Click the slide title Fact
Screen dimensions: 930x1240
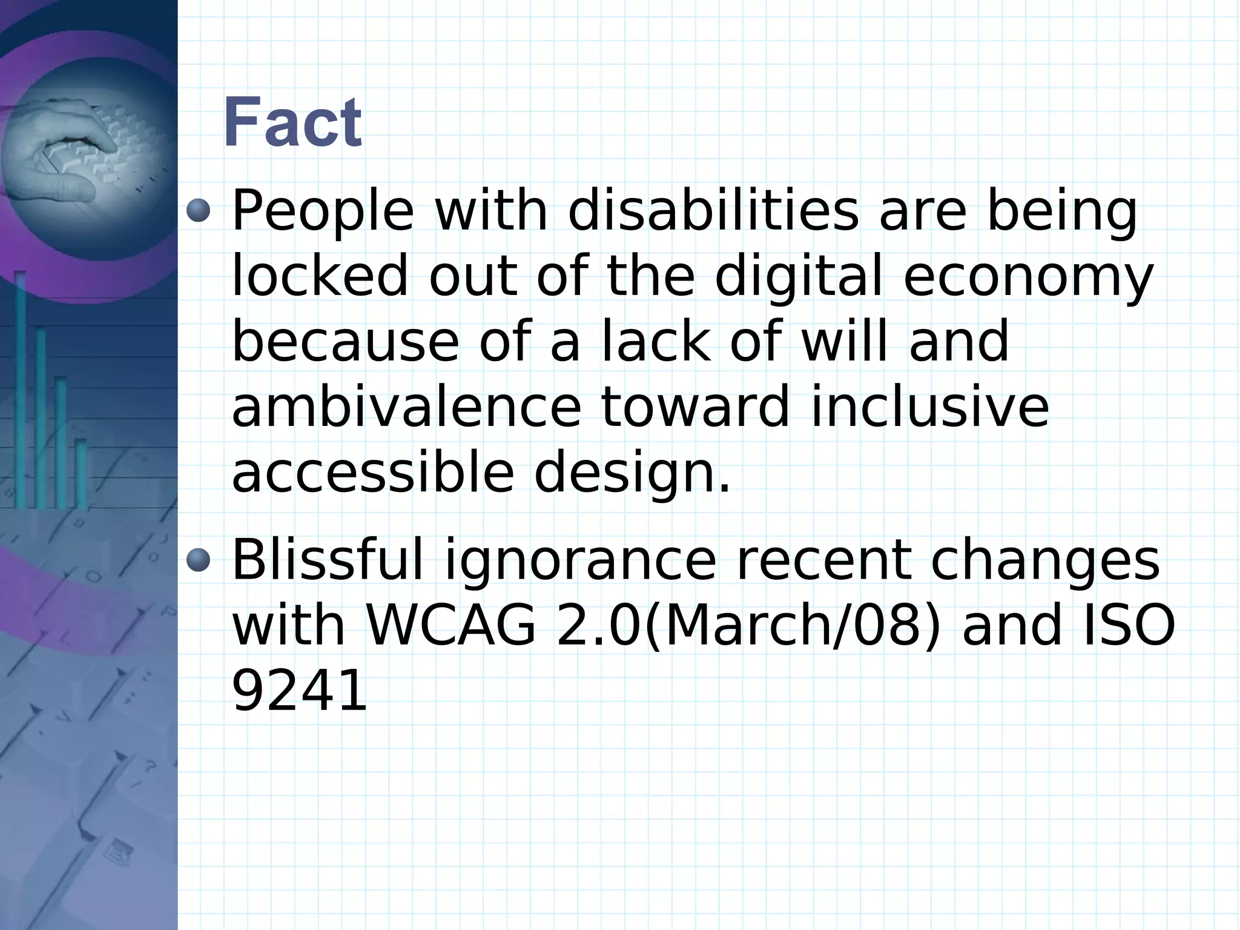coord(292,124)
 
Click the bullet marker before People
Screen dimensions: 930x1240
coord(198,211)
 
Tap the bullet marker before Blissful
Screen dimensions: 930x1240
coord(198,560)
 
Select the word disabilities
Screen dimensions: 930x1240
coord(713,211)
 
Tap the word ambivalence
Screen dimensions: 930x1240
coord(406,407)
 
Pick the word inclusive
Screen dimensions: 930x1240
coord(930,407)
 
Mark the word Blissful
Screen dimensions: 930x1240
coord(328,560)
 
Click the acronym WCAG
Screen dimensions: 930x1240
coord(452,625)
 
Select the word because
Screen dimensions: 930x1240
coord(345,342)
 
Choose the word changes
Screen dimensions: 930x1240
coord(1044,560)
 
